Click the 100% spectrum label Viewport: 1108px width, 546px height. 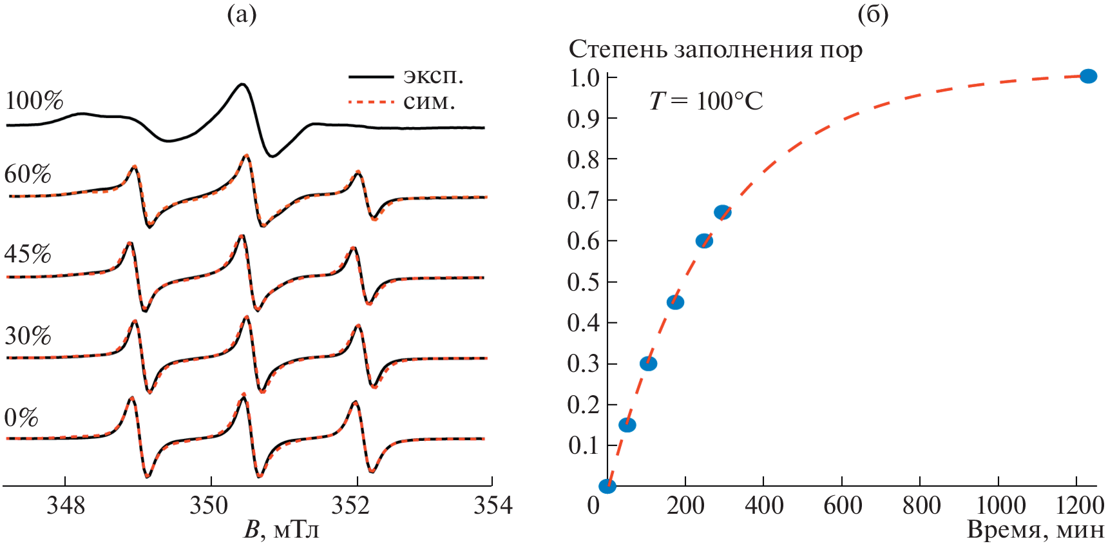pyautogui.click(x=34, y=101)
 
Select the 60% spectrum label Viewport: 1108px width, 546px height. pyautogui.click(x=28, y=175)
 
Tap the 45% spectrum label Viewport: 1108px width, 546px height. pyautogui.click(x=28, y=255)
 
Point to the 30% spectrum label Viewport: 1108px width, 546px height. pyautogui.click(x=28, y=336)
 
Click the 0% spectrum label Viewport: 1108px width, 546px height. pyautogui.click(x=21, y=418)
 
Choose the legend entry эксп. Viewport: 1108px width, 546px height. pyautogui.click(x=433, y=76)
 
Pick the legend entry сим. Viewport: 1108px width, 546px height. pyautogui.click(x=429, y=102)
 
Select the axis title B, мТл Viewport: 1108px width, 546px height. pyautogui.click(x=281, y=530)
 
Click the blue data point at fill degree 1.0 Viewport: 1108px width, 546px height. pyautogui.click(x=1088, y=76)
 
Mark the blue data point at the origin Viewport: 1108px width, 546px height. pyautogui.click(x=607, y=486)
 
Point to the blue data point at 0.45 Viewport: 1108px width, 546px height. pyautogui.click(x=675, y=302)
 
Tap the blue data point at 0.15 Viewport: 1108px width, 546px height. pyautogui.click(x=627, y=425)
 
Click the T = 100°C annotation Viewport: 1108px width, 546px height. pyautogui.click(x=706, y=101)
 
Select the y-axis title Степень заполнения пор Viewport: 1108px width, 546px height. pyautogui.click(x=715, y=50)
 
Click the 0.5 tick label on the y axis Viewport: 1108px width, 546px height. pyautogui.click(x=583, y=282)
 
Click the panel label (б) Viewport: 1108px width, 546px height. pyautogui.click(x=873, y=14)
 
